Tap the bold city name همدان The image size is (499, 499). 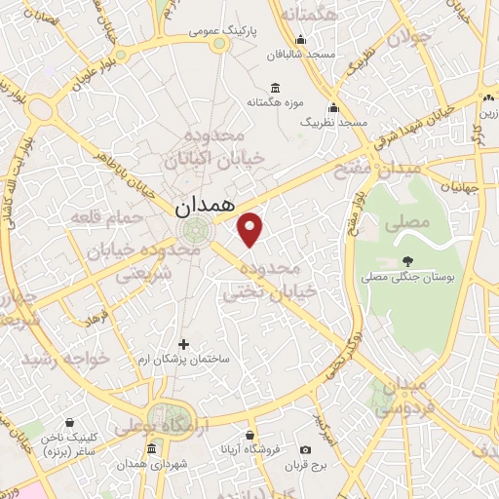(205, 207)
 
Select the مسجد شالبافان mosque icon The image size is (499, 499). (300, 40)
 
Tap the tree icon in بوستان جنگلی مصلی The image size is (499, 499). (407, 260)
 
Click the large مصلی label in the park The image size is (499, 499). (408, 222)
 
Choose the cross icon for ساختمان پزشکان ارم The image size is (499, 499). (183, 343)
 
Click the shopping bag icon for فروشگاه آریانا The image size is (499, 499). (250, 435)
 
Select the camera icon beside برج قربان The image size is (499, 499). (306, 449)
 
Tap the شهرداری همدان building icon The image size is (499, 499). (151, 449)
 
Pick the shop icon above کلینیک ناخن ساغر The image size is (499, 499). (69, 423)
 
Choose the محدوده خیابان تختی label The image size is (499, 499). (270, 279)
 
